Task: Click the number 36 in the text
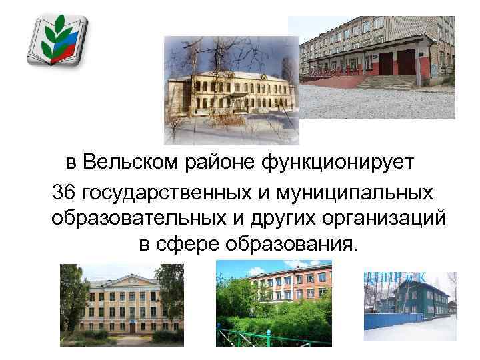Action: click(63, 193)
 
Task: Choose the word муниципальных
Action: click(345, 193)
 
